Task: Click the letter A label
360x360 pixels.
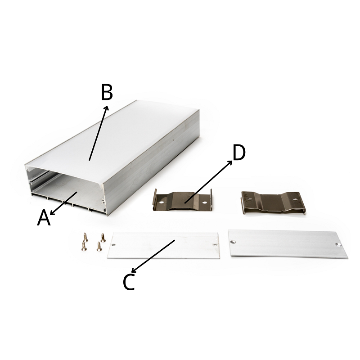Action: click(44, 217)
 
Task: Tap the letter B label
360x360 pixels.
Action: click(107, 92)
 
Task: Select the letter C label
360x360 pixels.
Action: click(129, 282)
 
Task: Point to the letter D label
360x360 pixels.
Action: click(239, 153)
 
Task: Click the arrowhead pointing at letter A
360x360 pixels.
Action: click(52, 213)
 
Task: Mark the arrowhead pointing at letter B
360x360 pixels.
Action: click(106, 108)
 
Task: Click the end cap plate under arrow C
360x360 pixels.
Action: click(163, 245)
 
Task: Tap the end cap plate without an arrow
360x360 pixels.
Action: click(288, 244)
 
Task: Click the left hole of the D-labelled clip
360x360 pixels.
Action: click(162, 203)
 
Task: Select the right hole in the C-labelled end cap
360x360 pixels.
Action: click(215, 245)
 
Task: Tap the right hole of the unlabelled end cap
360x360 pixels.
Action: click(338, 244)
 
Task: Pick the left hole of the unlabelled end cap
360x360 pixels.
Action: click(234, 242)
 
